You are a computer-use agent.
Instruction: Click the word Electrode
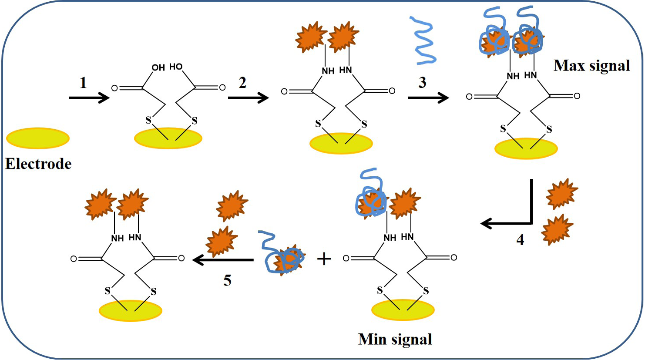click(38, 164)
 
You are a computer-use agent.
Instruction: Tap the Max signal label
click(592, 66)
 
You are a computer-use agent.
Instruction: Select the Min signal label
click(395, 339)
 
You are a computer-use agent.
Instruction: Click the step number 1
click(83, 83)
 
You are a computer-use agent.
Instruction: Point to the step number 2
click(242, 83)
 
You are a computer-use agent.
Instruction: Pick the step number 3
click(422, 83)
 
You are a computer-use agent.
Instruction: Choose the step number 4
click(520, 239)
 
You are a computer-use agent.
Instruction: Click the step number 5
click(228, 280)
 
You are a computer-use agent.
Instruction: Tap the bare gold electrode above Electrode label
click(38, 138)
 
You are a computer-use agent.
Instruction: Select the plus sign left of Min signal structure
click(324, 259)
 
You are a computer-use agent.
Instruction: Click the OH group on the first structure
click(158, 67)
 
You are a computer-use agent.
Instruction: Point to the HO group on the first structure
click(176, 67)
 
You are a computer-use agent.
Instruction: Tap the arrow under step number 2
click(248, 98)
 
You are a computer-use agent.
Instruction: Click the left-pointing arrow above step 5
click(223, 260)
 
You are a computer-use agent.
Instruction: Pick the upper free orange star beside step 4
click(562, 194)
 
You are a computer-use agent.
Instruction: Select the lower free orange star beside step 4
click(557, 229)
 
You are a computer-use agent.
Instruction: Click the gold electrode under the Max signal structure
click(526, 148)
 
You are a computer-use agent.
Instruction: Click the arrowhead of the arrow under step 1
click(104, 98)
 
